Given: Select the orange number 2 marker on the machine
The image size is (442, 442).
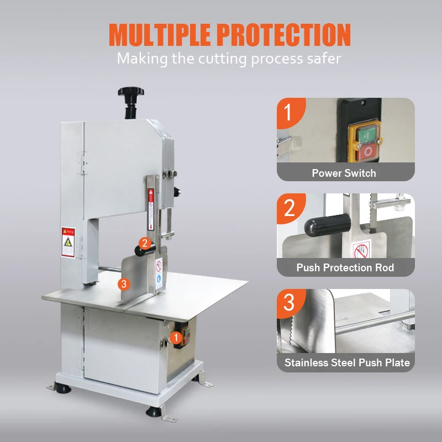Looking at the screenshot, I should pos(144,242).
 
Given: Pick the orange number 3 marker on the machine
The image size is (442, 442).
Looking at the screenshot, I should pos(124,283).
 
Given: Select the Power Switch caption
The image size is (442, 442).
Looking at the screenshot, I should pos(344,173).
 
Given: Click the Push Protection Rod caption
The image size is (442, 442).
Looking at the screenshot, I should pos(345,267).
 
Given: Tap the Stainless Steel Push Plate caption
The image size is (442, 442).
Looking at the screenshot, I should pos(347,363).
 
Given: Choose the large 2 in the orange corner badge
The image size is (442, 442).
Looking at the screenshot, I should pos(289,208).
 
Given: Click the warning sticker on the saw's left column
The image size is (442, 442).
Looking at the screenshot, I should pos(68,242).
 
